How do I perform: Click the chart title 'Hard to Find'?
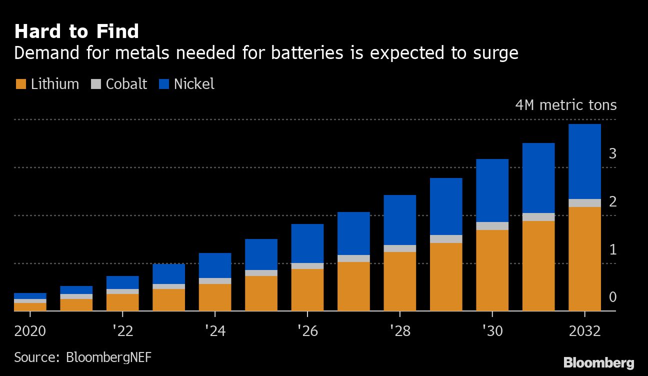point(76,31)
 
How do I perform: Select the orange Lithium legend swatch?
point(20,84)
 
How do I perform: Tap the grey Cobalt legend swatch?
point(95,84)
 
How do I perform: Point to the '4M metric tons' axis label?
point(566,105)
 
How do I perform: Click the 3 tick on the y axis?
point(612,153)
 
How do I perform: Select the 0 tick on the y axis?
point(612,297)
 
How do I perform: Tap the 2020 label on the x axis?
point(30,331)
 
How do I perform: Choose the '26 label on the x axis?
point(307,331)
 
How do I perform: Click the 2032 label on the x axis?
point(584,331)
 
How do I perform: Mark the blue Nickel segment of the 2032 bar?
point(584,161)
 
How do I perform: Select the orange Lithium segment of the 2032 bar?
point(584,258)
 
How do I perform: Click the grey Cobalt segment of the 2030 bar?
point(492,226)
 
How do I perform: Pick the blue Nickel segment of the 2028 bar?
point(399,220)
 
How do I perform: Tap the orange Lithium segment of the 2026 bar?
point(307,290)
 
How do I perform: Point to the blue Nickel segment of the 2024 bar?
point(215,265)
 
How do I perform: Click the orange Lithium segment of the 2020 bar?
point(30,307)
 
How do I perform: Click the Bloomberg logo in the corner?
point(598,362)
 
